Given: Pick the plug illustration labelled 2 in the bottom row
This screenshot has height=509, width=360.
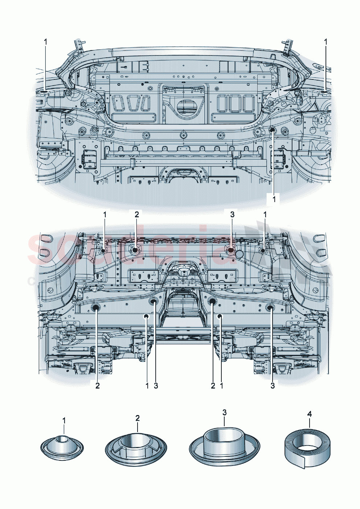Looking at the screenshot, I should point(136,447).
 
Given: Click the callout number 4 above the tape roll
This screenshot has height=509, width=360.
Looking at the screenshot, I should point(309,414).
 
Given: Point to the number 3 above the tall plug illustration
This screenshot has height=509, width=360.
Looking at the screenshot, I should point(224,412).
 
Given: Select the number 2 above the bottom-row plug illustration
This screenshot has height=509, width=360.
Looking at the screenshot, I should point(138,418).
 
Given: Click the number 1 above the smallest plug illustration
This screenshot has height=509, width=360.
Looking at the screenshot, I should point(64,420).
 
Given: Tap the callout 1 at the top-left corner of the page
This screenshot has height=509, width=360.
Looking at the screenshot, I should point(46,42).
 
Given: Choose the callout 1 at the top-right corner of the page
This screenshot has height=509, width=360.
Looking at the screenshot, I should point(326,42).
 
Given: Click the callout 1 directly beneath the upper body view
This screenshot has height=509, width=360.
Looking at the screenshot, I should point(274,199).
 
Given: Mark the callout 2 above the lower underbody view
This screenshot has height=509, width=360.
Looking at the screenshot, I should point(136,214).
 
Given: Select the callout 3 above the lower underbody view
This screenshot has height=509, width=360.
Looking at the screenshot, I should point(232,214).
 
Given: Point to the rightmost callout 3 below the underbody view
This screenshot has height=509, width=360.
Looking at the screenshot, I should point(273,386).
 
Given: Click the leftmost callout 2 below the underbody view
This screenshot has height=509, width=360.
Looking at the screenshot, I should point(97,386).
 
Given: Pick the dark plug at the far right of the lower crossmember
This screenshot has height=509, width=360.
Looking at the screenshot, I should point(271,308).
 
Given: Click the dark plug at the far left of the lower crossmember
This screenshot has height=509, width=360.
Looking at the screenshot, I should point(97,308).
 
